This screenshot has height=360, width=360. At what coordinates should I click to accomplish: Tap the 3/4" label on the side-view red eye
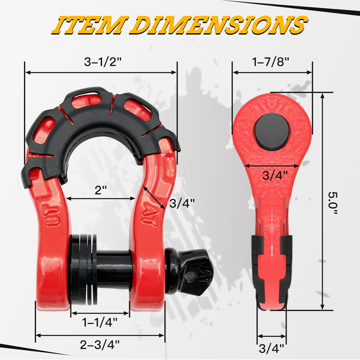[x=272, y=175]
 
